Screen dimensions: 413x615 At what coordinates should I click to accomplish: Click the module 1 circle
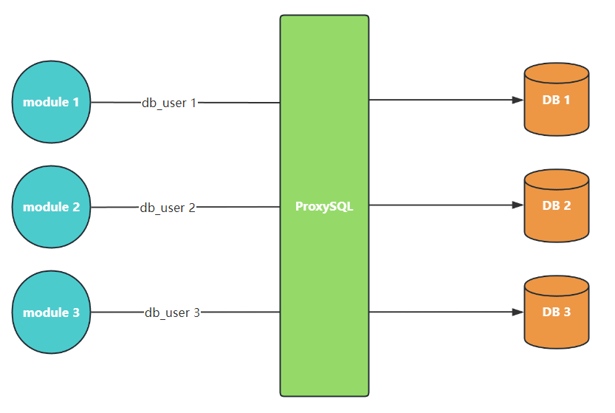[x=51, y=102]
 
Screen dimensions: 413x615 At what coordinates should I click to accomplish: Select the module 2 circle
[x=51, y=207]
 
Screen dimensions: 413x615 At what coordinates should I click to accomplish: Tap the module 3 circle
[x=51, y=312]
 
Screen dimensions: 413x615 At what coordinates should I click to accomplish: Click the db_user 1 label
[x=169, y=103]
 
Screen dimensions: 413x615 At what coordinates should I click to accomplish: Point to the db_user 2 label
[x=168, y=208]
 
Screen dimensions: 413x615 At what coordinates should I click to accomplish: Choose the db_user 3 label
[x=172, y=313]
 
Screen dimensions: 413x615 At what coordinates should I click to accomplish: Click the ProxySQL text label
[x=324, y=207]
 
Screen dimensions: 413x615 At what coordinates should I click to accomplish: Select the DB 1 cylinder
[x=556, y=103]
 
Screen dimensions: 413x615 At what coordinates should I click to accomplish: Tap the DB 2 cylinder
[x=556, y=209]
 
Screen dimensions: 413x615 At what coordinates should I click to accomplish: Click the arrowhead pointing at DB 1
[x=518, y=100]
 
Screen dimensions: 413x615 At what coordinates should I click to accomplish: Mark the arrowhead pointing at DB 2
[x=518, y=206]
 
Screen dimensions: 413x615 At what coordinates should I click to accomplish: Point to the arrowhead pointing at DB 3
[x=518, y=312]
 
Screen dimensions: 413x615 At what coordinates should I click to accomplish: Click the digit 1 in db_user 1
[x=193, y=103]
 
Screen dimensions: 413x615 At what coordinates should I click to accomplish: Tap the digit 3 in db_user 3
[x=196, y=313]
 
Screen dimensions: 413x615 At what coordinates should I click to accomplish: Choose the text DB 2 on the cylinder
[x=556, y=205]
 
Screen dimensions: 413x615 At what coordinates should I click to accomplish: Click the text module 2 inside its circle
[x=51, y=207]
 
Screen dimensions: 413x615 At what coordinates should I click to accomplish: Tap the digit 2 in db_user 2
[x=192, y=208]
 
